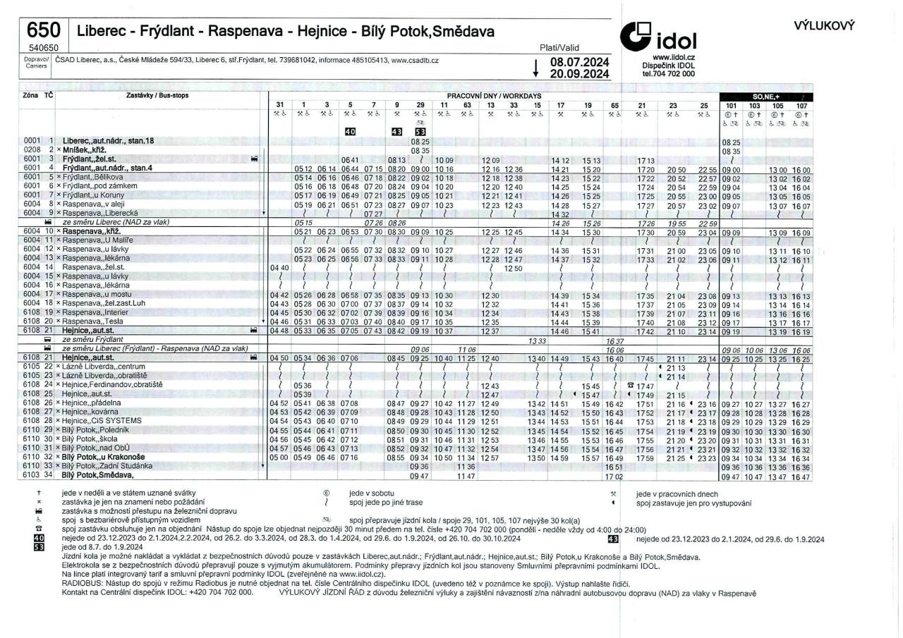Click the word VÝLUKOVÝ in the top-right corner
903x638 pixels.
click(825, 25)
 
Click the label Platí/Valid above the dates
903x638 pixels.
click(555, 47)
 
